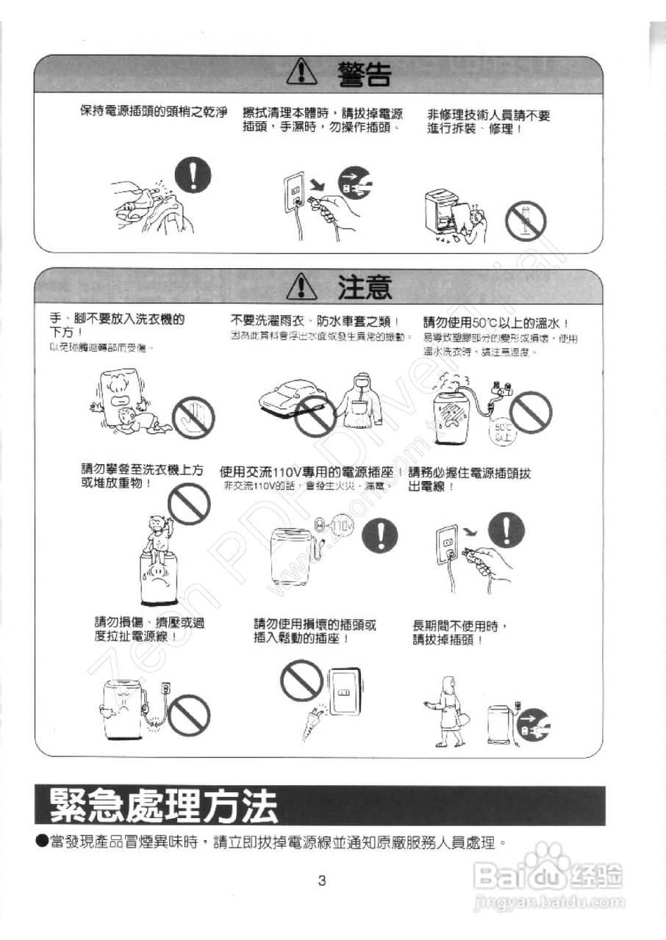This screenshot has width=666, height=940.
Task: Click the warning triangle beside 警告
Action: tap(301, 73)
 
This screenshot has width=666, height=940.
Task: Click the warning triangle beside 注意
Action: tap(301, 286)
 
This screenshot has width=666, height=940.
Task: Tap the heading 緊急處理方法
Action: tap(164, 806)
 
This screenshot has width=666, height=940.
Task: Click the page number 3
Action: tap(321, 881)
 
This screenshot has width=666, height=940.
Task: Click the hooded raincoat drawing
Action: tap(359, 404)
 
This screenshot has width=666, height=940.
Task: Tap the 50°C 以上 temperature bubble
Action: tap(504, 431)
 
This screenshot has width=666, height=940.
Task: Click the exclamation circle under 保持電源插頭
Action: tap(191, 178)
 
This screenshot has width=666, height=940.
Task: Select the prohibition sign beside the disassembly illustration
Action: tap(526, 220)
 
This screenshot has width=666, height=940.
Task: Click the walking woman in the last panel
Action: tap(447, 711)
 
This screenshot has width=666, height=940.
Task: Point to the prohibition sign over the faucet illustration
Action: tap(530, 412)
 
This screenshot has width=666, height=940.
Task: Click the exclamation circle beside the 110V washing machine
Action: tap(379, 537)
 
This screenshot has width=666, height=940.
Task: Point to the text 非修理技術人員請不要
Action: tap(488, 115)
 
